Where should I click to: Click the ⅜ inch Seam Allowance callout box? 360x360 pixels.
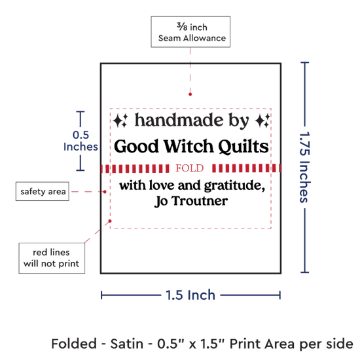190,32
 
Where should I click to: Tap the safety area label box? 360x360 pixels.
43,191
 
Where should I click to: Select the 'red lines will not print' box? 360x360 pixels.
52,258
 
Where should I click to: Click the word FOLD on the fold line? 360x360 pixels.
190,168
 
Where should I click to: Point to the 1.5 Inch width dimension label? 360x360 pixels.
190,295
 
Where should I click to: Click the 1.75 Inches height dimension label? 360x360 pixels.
305,168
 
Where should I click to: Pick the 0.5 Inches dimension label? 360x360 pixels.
81,141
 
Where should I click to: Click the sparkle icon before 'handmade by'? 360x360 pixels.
120,120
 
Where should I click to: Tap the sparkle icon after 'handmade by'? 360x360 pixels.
262,120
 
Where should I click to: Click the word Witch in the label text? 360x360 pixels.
189,146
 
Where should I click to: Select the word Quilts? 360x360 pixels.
243,146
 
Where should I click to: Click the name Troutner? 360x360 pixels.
200,201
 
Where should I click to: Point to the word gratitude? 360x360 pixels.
234,185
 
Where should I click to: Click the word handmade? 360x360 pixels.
179,120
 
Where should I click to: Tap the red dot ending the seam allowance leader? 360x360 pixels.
190,94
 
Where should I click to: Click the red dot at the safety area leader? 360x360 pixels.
105,192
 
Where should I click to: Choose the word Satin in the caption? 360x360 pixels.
127,344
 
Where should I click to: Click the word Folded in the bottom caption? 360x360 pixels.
74,344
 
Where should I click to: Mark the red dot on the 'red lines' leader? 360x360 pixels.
110,221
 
